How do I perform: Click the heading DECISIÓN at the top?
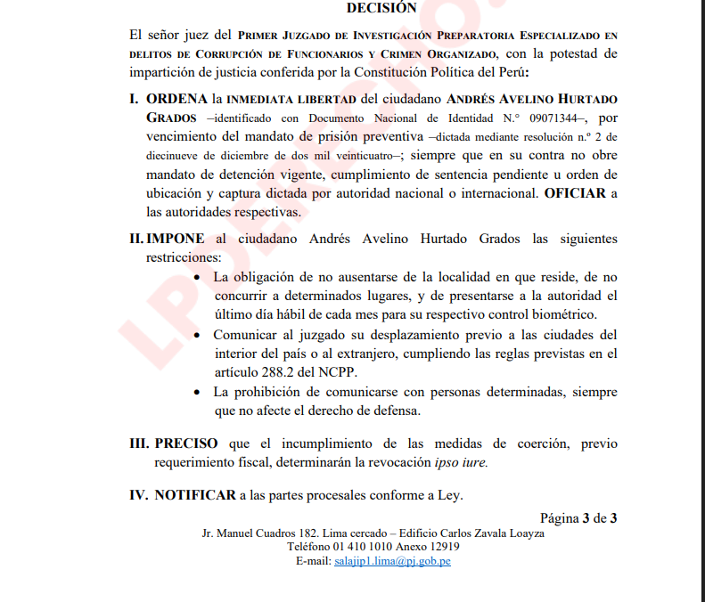click(381, 8)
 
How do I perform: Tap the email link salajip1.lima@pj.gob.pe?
click(391, 562)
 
